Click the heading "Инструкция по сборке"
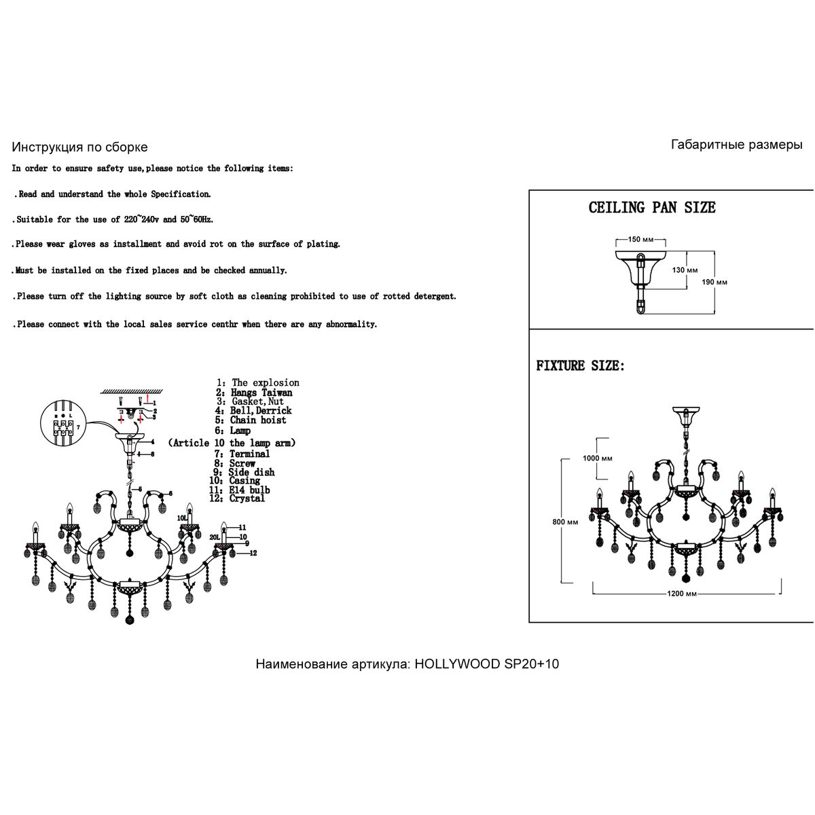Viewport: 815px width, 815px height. click(x=79, y=147)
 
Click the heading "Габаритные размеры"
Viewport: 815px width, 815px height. click(x=736, y=145)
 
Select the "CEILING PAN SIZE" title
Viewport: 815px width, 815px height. click(x=651, y=208)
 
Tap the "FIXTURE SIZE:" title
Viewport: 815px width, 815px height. click(x=581, y=366)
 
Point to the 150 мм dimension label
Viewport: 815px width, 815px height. click(x=640, y=240)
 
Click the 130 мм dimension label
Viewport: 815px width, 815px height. click(x=685, y=270)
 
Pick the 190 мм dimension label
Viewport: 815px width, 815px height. click(x=714, y=282)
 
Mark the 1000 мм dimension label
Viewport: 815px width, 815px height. click(x=597, y=458)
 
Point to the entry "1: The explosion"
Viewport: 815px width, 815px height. click(x=257, y=383)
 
